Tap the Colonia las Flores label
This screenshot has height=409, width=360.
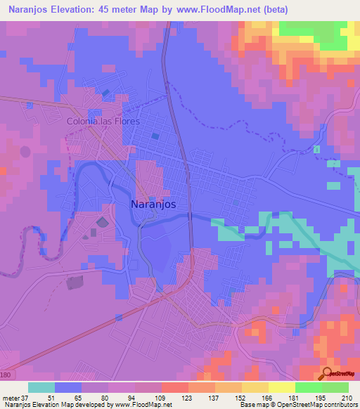[x=103, y=121]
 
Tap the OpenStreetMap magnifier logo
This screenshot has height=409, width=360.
[x=328, y=375]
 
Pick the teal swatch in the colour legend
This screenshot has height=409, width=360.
[x=41, y=387]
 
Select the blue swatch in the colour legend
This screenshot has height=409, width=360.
[x=68, y=387]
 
